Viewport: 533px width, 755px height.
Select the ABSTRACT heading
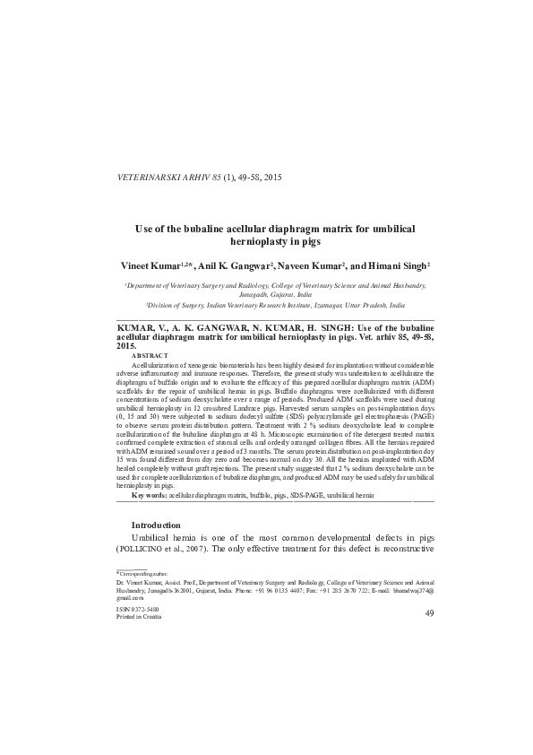click(x=150, y=357)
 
